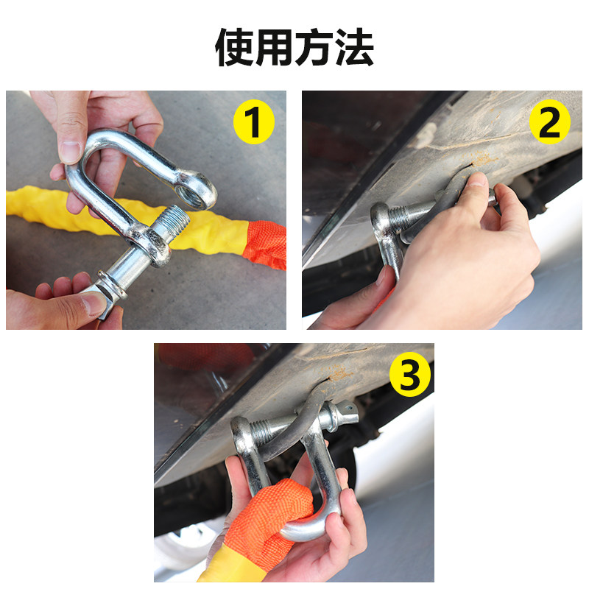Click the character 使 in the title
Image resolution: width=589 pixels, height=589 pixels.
pos(235,48)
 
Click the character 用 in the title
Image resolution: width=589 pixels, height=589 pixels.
pos(275,48)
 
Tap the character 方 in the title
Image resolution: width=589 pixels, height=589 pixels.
pos(314,48)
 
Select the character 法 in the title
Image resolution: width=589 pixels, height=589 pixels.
pos(354,48)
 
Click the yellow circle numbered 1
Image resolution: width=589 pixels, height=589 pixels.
pos(254,121)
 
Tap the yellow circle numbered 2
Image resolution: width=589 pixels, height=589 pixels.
pos(549,121)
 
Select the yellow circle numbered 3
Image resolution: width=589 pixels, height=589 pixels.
pos(410,375)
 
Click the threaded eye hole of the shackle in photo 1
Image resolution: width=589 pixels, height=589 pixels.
pos(191,192)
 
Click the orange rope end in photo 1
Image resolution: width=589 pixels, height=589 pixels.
pos(265,244)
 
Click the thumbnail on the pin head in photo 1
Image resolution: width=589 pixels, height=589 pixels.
pos(95,303)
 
